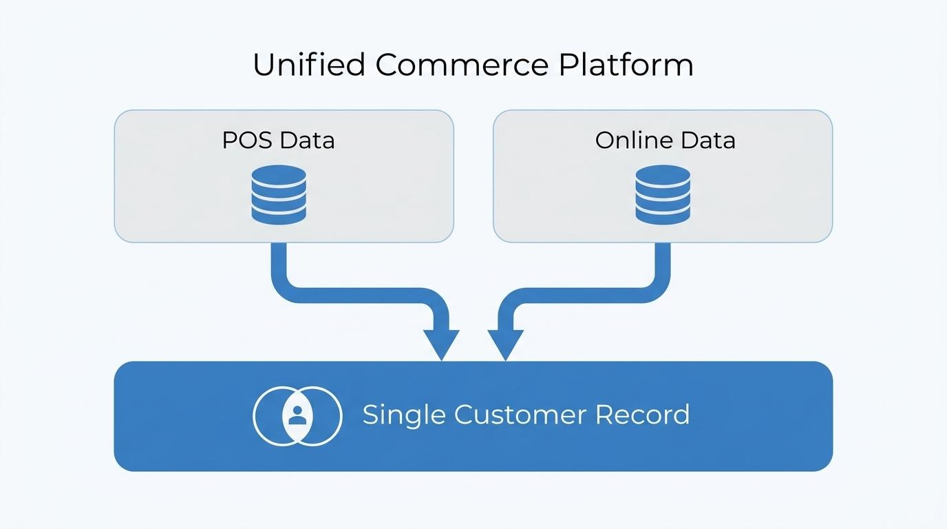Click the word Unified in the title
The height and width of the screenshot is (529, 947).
click(309, 64)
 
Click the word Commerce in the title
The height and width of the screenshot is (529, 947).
click(462, 65)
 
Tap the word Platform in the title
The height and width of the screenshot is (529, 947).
click(626, 64)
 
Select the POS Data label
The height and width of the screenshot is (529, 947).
click(278, 140)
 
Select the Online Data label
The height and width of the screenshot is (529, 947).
click(666, 140)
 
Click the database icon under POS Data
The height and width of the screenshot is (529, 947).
click(279, 194)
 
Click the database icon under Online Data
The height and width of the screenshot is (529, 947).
click(663, 194)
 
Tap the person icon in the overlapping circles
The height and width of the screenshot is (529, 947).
click(297, 415)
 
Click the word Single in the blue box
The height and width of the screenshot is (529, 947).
click(404, 415)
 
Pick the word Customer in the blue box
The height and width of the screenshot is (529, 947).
click(520, 414)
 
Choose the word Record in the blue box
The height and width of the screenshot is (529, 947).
click(643, 414)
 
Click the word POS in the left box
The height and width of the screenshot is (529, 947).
click(247, 140)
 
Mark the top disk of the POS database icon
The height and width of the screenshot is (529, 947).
click(279, 175)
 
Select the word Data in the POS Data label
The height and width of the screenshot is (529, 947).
click(308, 140)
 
